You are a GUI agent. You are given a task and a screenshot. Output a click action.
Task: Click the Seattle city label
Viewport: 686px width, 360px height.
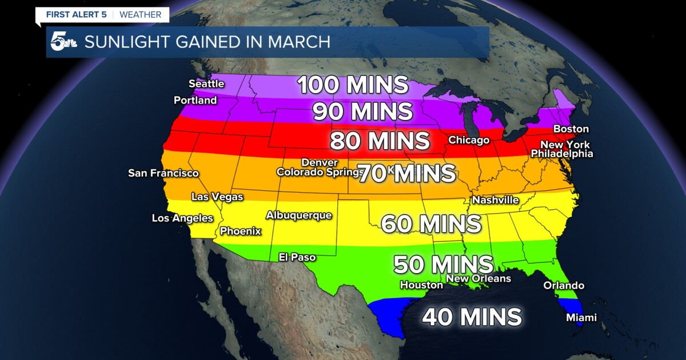(206, 83)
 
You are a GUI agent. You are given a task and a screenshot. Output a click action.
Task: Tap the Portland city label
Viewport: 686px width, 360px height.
(196, 101)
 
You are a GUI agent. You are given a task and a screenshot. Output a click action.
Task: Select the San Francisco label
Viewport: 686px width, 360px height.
(163, 173)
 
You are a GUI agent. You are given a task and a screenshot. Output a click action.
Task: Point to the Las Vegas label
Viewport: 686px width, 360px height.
(217, 197)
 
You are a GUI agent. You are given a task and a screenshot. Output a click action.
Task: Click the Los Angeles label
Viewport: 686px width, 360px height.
(182, 218)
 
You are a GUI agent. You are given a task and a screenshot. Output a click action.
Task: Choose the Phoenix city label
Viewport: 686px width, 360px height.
(241, 231)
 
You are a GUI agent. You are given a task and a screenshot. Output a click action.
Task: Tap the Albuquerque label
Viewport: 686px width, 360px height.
(298, 215)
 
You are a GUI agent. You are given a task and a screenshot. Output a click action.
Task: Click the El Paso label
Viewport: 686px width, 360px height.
(297, 257)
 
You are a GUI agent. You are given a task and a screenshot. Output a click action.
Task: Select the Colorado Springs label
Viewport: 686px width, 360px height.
(317, 172)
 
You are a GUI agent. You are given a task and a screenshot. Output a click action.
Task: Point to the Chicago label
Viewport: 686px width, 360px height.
(469, 140)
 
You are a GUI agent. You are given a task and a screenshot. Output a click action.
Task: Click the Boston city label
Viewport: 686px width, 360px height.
(571, 129)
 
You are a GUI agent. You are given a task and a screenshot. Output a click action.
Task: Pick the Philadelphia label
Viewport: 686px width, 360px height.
(562, 154)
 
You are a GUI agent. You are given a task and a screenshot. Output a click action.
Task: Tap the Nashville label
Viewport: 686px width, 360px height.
(495, 201)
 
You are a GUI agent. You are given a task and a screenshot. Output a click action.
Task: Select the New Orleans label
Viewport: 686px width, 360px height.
(478, 279)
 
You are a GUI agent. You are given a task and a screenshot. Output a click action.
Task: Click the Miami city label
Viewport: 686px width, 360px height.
(581, 318)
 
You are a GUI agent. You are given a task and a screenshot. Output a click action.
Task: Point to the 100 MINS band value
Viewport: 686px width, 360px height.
(353, 85)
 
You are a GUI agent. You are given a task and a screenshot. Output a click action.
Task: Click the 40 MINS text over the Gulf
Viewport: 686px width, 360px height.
(472, 317)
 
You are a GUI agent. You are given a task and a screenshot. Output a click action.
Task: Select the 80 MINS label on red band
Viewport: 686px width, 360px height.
(380, 140)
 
